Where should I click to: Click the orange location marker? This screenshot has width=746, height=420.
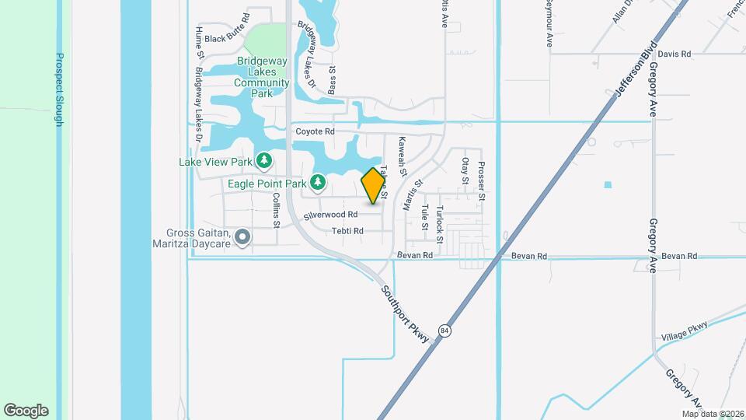coord(374,186)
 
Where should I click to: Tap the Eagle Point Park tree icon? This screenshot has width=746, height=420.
coord(317,183)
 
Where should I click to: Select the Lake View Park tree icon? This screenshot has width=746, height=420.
coord(265,161)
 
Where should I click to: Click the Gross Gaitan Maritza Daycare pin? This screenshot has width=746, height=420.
coord(242,237)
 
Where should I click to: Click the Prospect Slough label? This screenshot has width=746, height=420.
coord(59,91)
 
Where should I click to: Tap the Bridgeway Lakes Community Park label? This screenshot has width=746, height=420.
coord(262,77)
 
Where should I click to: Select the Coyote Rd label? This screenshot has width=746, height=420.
coord(315,131)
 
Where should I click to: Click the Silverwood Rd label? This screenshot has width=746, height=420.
coord(330,214)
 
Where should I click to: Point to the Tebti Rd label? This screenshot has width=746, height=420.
coord(347,231)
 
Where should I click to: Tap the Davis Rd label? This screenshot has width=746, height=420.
coord(674,54)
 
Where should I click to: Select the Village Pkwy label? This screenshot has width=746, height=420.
coord(685,332)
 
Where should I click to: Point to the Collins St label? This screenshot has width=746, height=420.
coord(276,211)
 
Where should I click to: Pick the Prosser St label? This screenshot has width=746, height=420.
coord(482,180)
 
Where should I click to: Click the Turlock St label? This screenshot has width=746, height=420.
coord(440,224)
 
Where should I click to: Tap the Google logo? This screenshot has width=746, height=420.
coord(26,411)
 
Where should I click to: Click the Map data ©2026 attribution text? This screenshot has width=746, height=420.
coord(713,414)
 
